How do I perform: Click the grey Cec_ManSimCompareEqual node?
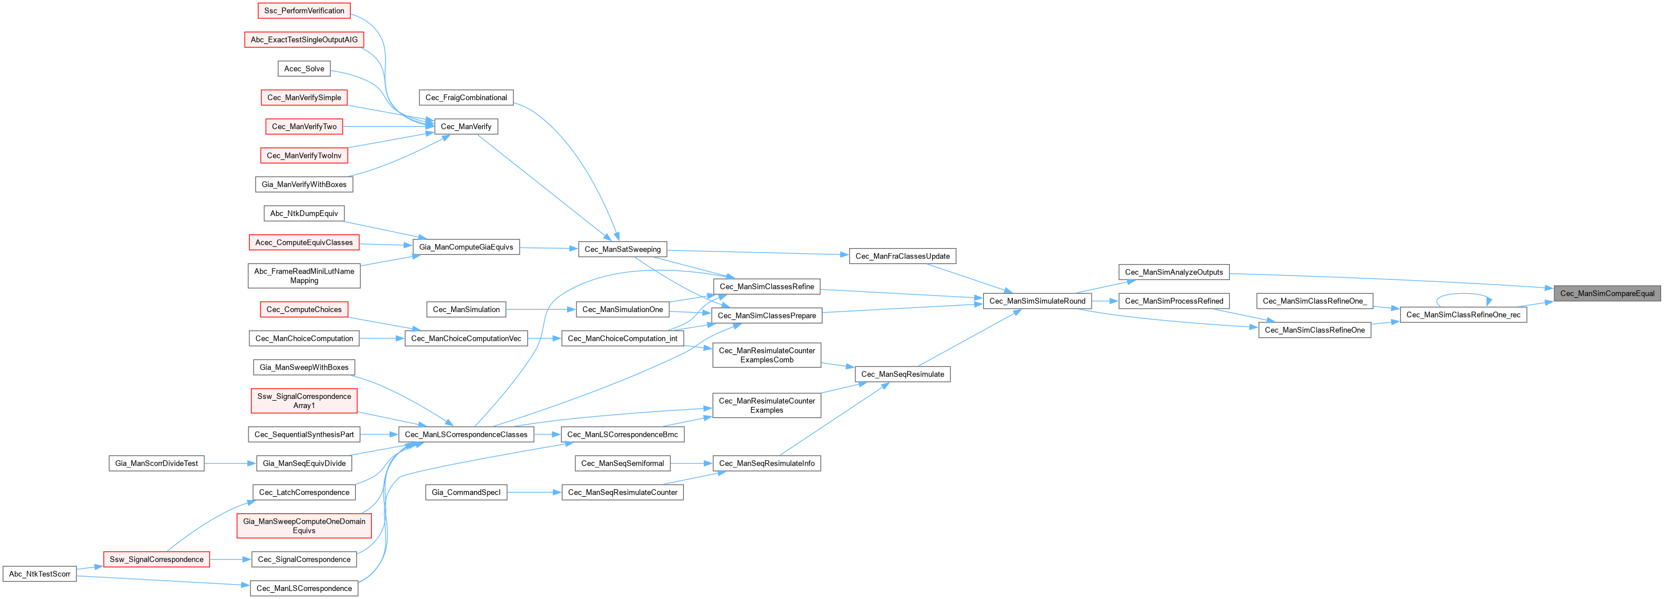pos(1607,293)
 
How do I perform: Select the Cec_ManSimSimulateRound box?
pos(1037,301)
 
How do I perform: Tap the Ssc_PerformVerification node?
pos(304,11)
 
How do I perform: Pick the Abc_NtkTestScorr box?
pos(39,574)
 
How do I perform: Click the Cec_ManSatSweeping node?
pos(622,249)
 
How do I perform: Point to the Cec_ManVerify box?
pos(466,127)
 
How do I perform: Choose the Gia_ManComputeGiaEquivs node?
pos(466,247)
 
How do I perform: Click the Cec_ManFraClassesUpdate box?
pos(902,257)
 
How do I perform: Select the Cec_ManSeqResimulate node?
pos(902,374)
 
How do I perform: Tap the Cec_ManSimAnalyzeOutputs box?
pos(1173,272)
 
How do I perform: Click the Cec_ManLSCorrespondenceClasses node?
pos(466,434)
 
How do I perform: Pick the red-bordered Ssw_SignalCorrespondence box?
pos(157,560)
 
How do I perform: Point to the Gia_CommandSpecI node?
pos(466,492)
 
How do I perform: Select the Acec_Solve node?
pos(304,69)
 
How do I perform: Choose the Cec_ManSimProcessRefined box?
pos(1173,301)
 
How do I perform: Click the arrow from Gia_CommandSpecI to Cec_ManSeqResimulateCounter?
pos(534,492)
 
